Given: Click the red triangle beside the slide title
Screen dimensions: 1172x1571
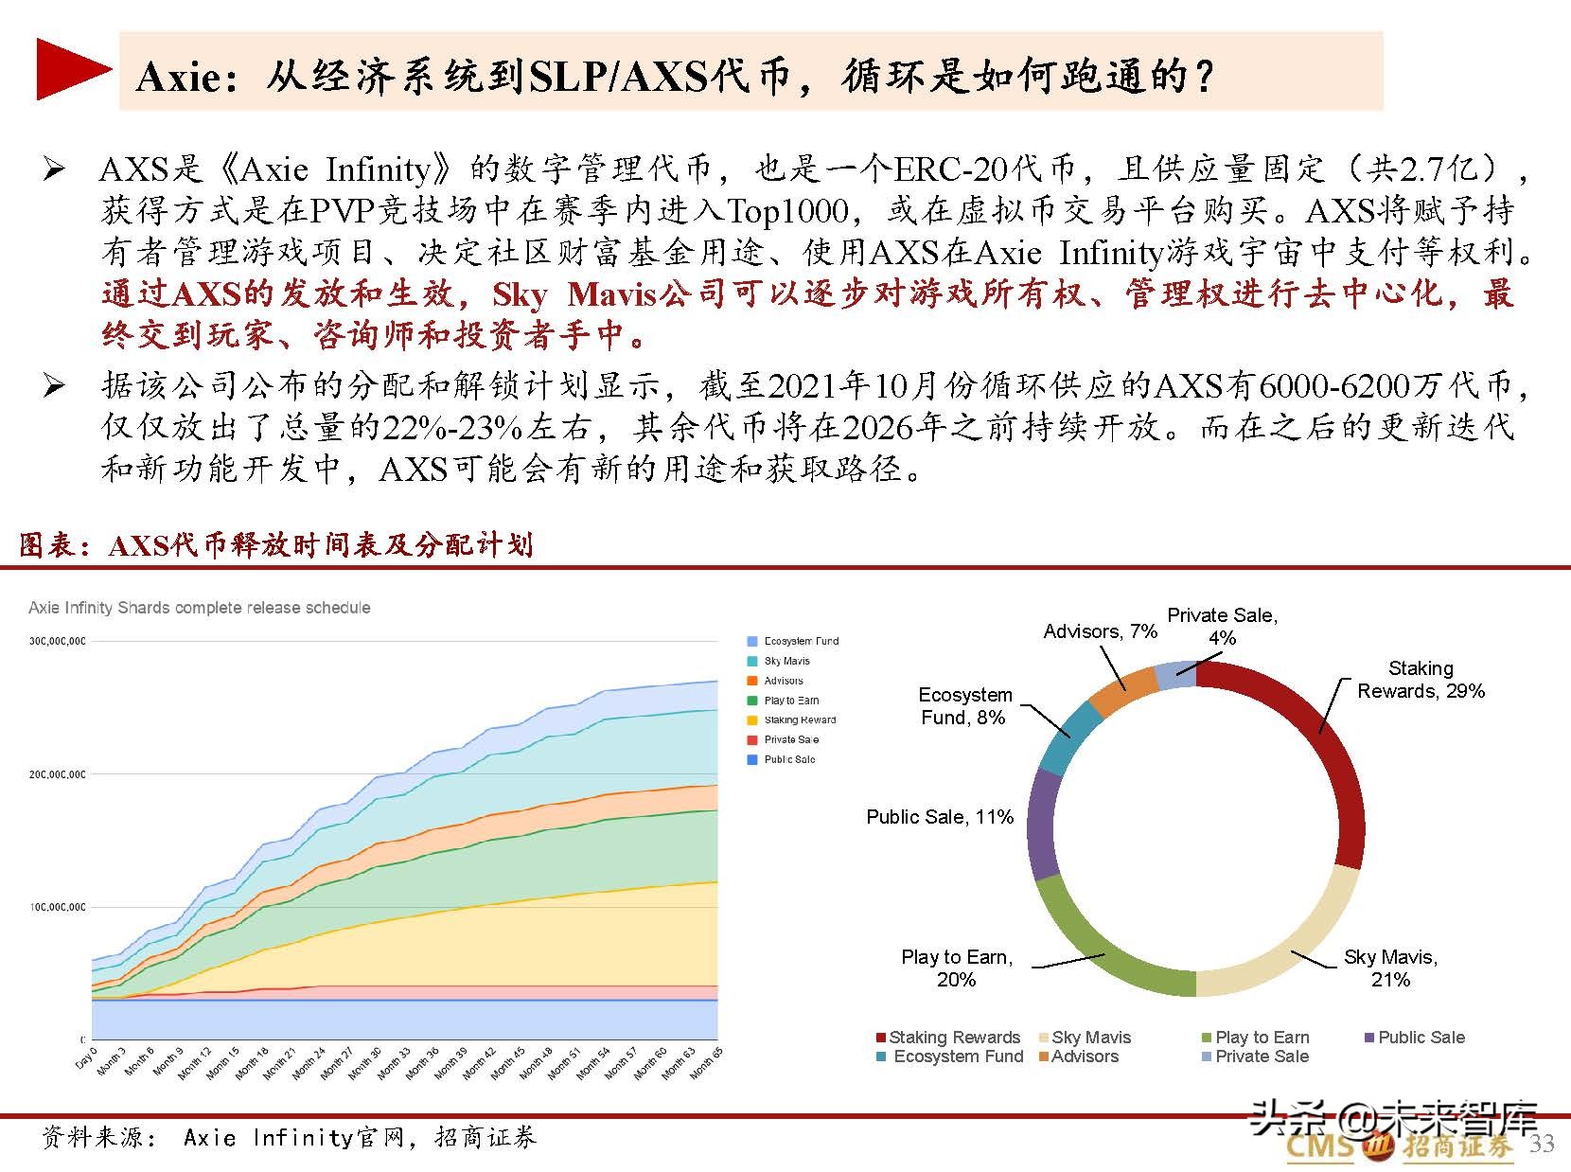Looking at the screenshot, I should (72, 69).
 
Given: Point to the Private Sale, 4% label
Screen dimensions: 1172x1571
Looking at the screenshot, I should (1222, 626).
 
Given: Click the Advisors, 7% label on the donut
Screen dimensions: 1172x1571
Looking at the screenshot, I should (1100, 631).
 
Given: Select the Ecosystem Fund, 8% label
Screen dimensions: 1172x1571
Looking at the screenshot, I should (964, 706).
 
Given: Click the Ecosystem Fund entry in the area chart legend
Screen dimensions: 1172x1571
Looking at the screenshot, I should (801, 641).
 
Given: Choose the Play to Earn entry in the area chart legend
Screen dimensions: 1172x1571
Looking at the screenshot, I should (791, 701).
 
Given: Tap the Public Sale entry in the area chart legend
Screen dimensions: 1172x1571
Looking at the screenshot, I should (788, 759).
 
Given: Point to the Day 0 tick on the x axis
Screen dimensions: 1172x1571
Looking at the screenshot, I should (86, 1057).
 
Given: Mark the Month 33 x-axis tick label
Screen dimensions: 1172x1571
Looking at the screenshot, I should (396, 1063).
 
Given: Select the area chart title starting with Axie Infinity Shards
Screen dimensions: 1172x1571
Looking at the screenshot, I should (200, 608).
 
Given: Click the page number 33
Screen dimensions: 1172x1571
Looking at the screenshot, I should (1542, 1145).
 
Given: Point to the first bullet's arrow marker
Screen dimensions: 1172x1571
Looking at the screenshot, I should (55, 170).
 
